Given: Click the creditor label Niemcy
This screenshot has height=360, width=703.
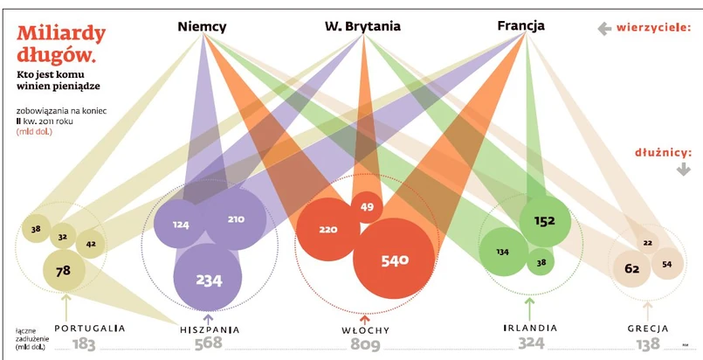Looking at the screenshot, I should (x=202, y=26).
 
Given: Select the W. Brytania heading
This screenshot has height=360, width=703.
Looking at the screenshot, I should (x=362, y=26).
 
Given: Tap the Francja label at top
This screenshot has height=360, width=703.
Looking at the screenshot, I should (x=520, y=26).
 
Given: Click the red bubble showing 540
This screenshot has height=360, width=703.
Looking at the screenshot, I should (x=394, y=260).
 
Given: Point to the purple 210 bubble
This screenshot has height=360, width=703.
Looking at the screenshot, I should (x=236, y=219).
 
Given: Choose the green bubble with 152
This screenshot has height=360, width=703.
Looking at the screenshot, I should (x=544, y=221).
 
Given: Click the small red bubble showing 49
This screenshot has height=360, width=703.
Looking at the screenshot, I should (x=367, y=207).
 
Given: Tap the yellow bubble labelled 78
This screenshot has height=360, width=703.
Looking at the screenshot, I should (x=64, y=270).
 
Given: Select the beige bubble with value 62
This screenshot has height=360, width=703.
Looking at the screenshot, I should (x=631, y=269).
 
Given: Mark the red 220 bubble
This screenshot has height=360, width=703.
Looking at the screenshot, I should (x=327, y=231).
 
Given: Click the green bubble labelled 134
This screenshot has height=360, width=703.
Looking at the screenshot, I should (x=502, y=252).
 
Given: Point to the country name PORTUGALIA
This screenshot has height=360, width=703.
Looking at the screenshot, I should (x=90, y=329).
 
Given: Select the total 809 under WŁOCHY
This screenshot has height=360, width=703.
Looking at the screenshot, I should (x=365, y=344).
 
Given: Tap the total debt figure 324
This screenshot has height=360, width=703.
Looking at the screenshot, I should (x=529, y=344).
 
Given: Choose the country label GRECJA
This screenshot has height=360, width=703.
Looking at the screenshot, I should (x=647, y=329).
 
